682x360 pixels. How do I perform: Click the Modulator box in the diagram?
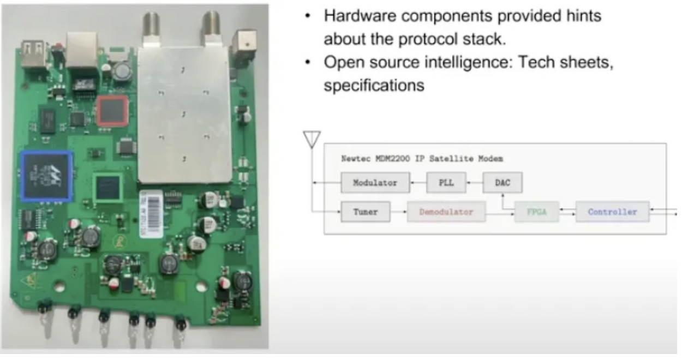click(x=375, y=183)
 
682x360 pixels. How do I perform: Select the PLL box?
click(x=446, y=183)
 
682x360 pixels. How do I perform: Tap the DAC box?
click(x=502, y=183)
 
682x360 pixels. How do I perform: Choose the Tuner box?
click(x=366, y=212)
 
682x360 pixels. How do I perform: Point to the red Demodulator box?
click(x=446, y=212)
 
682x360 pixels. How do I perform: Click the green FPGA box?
click(x=536, y=212)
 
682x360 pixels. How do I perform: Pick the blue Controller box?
click(x=612, y=212)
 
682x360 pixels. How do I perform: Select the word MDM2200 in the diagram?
click(x=392, y=159)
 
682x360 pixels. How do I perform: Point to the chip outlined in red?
click(x=112, y=111)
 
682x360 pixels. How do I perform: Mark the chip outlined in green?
click(x=108, y=188)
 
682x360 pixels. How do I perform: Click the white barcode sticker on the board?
click(x=151, y=214)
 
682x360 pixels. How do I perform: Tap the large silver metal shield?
click(x=184, y=115)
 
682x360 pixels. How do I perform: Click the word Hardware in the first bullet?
click(x=360, y=16)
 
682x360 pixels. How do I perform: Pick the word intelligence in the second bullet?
click(x=468, y=63)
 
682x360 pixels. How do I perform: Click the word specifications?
click(x=374, y=86)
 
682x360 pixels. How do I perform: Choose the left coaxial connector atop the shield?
click(x=151, y=29)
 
